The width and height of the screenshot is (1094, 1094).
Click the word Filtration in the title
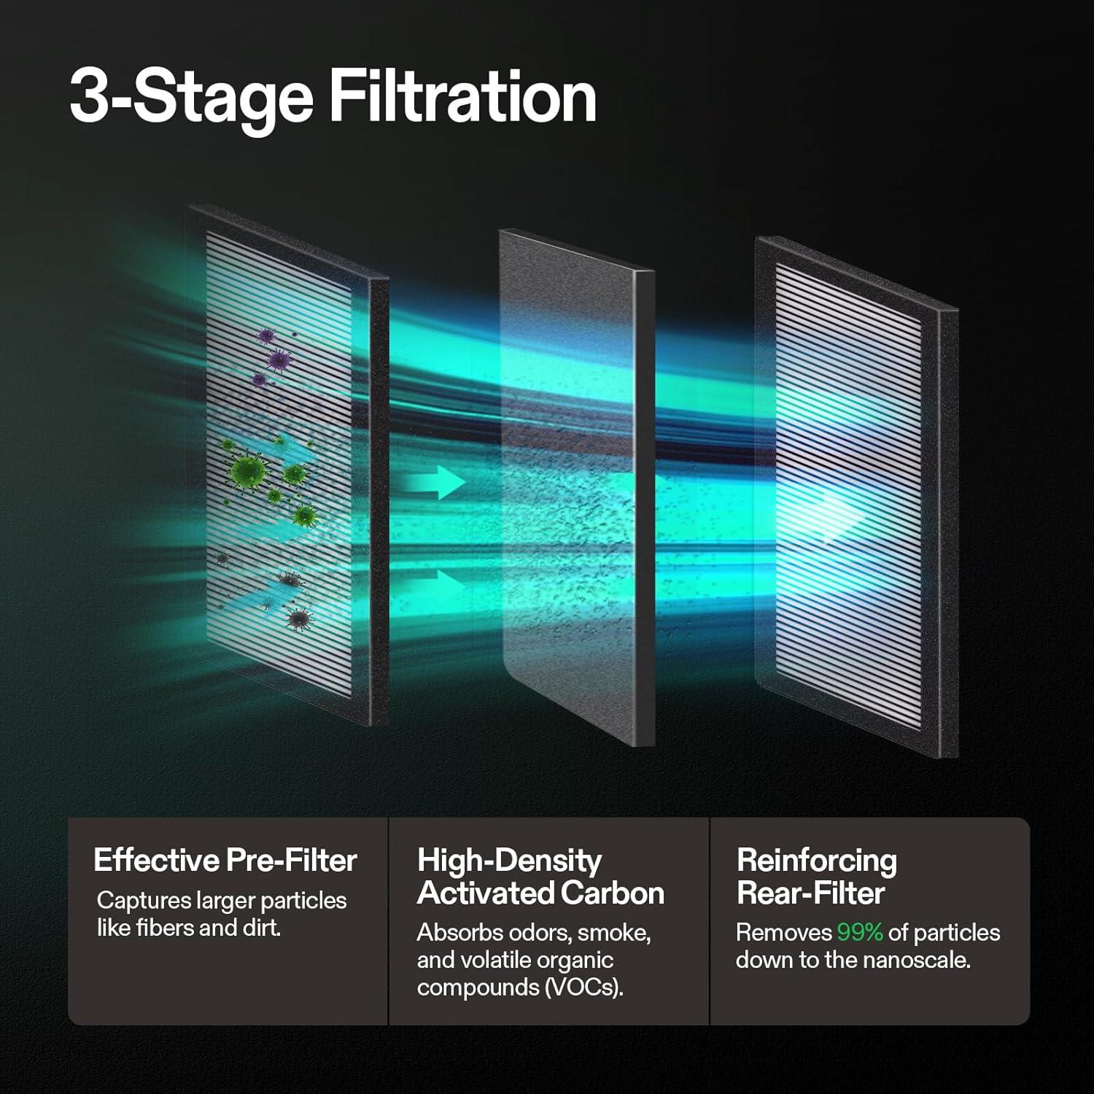coord(463,98)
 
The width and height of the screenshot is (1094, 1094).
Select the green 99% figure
coord(860,932)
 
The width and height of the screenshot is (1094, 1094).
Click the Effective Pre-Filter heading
coord(225,861)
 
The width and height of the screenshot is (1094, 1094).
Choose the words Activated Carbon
coord(540,893)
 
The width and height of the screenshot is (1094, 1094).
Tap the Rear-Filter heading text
coord(810,893)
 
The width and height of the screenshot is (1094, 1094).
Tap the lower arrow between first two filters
coord(438,584)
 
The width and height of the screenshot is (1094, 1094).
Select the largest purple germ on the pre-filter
coord(278,360)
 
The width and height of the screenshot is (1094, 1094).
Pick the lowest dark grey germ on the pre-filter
coord(298,619)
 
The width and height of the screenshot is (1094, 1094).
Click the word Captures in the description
coord(144,901)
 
